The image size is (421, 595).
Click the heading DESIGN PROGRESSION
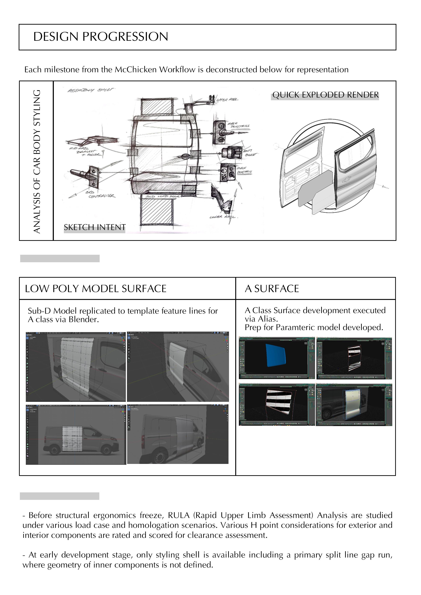coord(101,36)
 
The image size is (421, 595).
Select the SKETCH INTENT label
coord(95,227)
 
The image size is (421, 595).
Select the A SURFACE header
coord(272,289)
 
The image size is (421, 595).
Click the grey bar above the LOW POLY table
coord(60,258)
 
